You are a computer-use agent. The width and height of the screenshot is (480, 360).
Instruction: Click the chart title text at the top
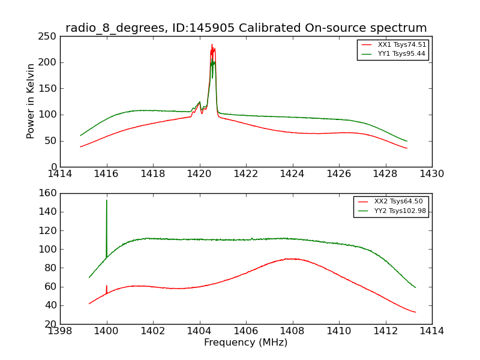[x=246, y=28]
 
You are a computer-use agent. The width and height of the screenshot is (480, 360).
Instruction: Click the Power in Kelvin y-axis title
[x=31, y=101]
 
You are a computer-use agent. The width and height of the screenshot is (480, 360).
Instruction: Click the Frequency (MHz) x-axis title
[x=246, y=343]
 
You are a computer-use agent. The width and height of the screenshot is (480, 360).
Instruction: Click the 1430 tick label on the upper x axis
[x=431, y=174]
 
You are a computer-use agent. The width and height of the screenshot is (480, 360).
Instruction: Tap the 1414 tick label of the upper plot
[x=61, y=174]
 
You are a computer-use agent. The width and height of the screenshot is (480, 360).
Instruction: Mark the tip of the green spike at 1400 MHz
[x=107, y=200]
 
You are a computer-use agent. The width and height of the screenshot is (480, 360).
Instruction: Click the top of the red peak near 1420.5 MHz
[x=212, y=45]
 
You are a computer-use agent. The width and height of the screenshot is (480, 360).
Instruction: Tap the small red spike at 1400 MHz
[x=107, y=286]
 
